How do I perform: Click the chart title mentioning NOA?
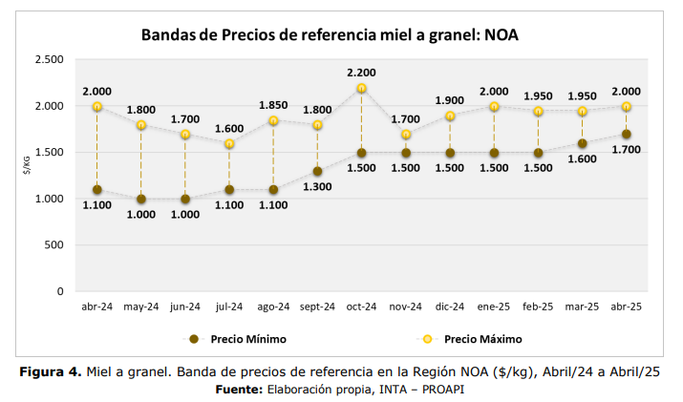click(330, 35)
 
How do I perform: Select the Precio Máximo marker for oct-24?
click(362, 89)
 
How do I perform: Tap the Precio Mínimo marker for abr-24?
click(96, 189)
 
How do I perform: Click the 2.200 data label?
click(362, 73)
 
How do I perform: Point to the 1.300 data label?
click(317, 186)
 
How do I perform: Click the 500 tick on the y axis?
click(54, 245)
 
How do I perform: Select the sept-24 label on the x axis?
click(317, 307)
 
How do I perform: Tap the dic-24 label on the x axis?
click(450, 307)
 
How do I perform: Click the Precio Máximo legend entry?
click(473, 339)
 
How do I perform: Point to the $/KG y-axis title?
click(28, 165)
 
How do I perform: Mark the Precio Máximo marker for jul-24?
click(229, 144)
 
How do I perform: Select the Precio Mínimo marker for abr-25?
click(627, 135)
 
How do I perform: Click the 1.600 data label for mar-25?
click(583, 159)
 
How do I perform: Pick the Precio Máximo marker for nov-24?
click(406, 135)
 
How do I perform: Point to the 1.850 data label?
click(273, 105)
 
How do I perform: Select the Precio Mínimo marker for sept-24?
click(317, 172)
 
